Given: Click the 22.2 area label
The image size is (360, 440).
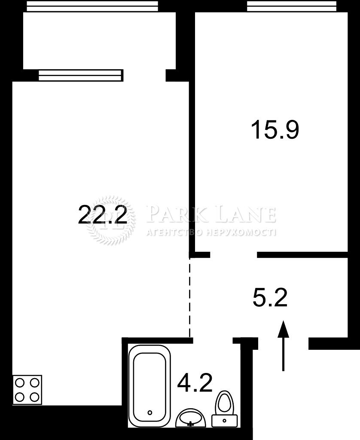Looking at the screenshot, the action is (x=102, y=214).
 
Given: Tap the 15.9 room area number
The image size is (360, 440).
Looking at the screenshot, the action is (x=275, y=130).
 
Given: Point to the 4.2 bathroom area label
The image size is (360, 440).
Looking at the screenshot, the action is (x=195, y=383).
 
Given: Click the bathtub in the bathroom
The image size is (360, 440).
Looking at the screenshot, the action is (x=149, y=386).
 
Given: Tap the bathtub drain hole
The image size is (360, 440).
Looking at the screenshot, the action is (x=150, y=412).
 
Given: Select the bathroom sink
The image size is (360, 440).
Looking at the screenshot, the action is (x=191, y=419).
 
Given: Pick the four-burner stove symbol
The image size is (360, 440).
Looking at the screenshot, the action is (x=27, y=390).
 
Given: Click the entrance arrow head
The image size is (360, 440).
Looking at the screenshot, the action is (x=284, y=329).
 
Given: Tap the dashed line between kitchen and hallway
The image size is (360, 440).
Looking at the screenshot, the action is (x=190, y=297).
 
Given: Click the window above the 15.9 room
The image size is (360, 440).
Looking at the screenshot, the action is (x=292, y=6).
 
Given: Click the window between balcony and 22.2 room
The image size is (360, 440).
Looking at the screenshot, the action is (x=81, y=76).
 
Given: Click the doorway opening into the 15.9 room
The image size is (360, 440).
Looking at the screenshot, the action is (x=234, y=254).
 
